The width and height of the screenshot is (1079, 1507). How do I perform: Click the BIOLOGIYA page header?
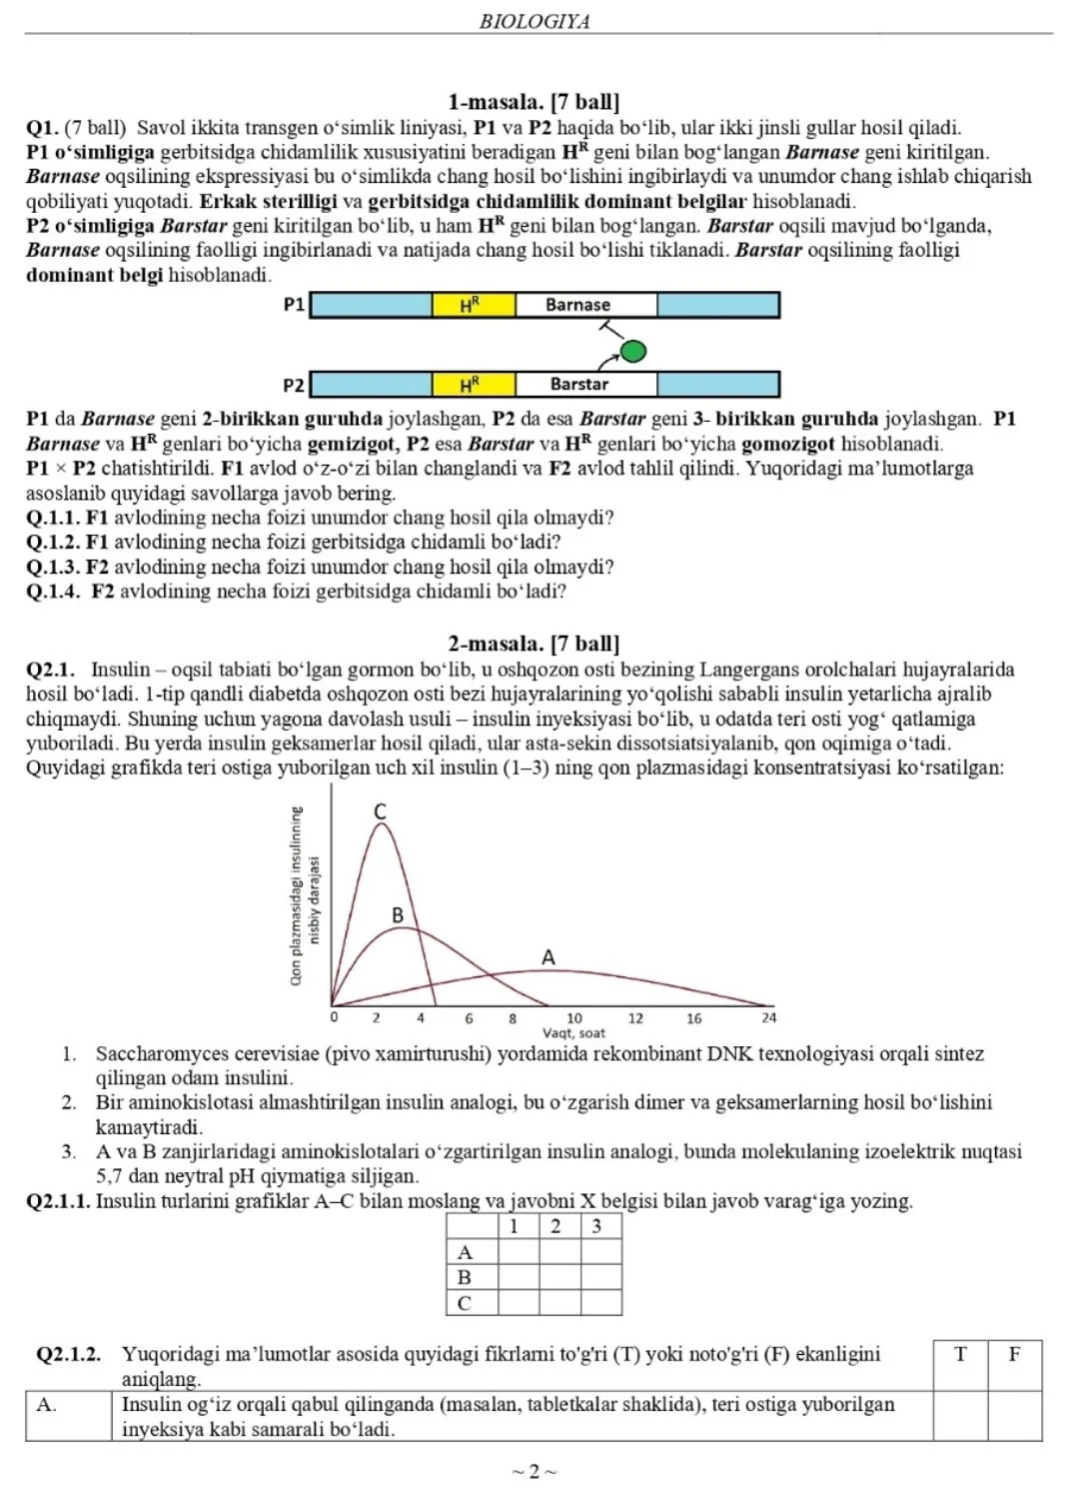(x=535, y=21)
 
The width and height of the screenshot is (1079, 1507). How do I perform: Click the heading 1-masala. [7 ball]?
(x=534, y=102)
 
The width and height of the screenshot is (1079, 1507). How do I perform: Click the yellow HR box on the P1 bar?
(x=474, y=305)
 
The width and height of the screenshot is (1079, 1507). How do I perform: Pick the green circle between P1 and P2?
(x=632, y=351)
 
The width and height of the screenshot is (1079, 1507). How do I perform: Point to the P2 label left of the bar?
(x=293, y=385)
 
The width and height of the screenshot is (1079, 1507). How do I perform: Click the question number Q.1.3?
(x=53, y=567)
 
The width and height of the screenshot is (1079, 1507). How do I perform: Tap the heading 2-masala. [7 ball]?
(x=534, y=644)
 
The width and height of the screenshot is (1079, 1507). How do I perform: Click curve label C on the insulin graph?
(x=380, y=811)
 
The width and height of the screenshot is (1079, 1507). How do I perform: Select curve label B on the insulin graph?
(x=398, y=914)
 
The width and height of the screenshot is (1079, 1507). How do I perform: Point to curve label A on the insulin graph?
(x=547, y=957)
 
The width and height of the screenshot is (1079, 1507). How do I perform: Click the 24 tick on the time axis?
(x=768, y=1018)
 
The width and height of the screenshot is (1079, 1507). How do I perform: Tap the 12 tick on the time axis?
(x=635, y=1018)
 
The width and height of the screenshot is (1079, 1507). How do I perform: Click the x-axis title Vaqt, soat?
(x=573, y=1033)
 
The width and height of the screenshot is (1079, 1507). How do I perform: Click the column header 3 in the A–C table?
(x=597, y=1226)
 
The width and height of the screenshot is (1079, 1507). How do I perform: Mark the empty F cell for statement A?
(x=1014, y=1415)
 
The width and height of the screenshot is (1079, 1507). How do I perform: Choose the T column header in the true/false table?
(x=960, y=1354)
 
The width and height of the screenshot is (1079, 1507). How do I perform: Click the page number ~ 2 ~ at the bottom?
(x=534, y=1471)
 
